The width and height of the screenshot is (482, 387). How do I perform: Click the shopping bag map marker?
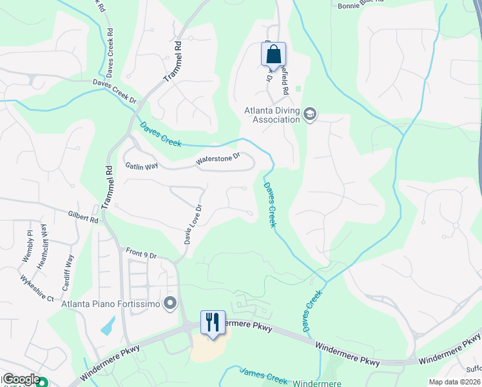point(273,55)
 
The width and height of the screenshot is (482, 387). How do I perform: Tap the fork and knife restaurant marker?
point(213,322)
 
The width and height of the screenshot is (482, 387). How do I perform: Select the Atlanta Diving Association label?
point(272,114)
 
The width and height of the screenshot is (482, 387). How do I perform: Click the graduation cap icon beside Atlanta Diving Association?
point(310,114)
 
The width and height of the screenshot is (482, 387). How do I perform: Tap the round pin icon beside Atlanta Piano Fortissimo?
point(171,303)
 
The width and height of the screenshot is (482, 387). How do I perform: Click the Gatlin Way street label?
point(142,166)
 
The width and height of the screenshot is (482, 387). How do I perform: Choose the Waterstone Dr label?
point(218,159)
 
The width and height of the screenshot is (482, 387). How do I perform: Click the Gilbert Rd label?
point(82,216)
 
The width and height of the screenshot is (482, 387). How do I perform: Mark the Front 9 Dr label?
point(142,254)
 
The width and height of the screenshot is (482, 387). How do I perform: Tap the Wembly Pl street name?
point(28,246)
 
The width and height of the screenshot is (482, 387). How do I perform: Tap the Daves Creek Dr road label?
point(115,92)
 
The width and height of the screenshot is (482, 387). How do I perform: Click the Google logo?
point(21,380)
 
